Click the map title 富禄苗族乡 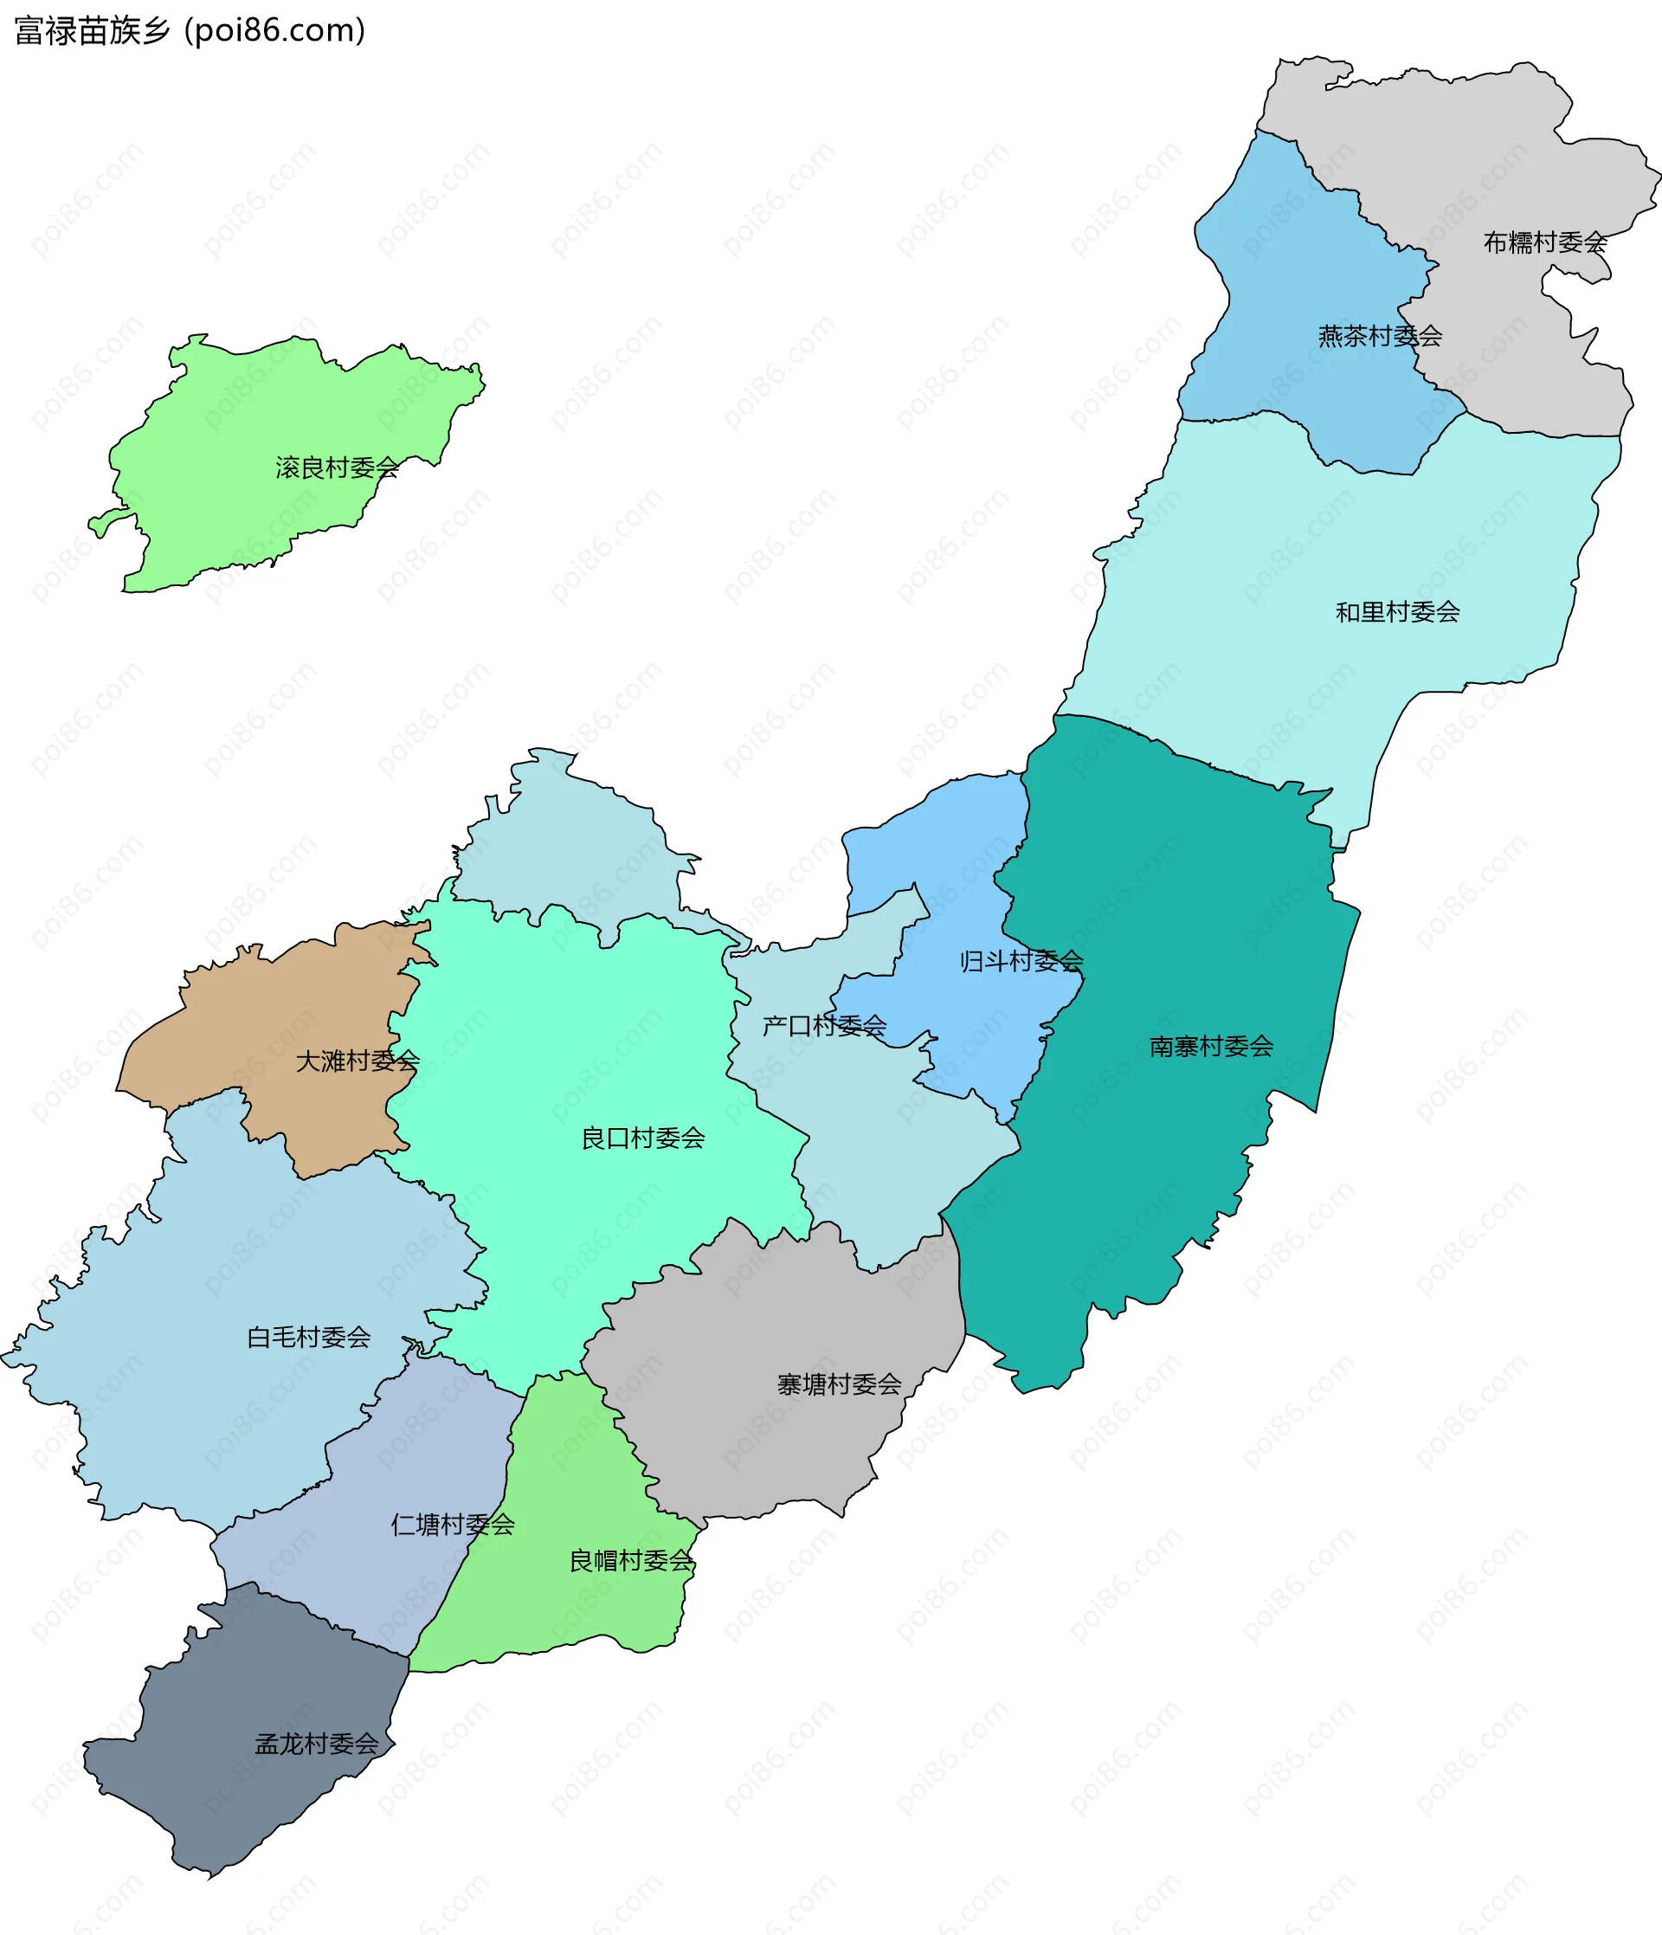click(x=93, y=31)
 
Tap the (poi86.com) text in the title click(x=274, y=31)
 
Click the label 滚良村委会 click(x=337, y=468)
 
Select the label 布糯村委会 click(x=1545, y=242)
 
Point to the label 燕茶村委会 click(x=1380, y=336)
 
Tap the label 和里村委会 click(x=1398, y=613)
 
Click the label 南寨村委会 click(x=1211, y=1047)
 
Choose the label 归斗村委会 click(x=1021, y=961)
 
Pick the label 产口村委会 click(x=824, y=1026)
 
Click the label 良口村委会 click(x=643, y=1138)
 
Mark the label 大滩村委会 click(x=358, y=1061)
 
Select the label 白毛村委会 click(x=309, y=1338)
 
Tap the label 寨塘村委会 click(x=840, y=1385)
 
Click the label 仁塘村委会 click(x=453, y=1525)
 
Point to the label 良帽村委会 click(x=631, y=1560)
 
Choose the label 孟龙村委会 click(x=318, y=1745)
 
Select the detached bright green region click(x=234, y=439)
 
